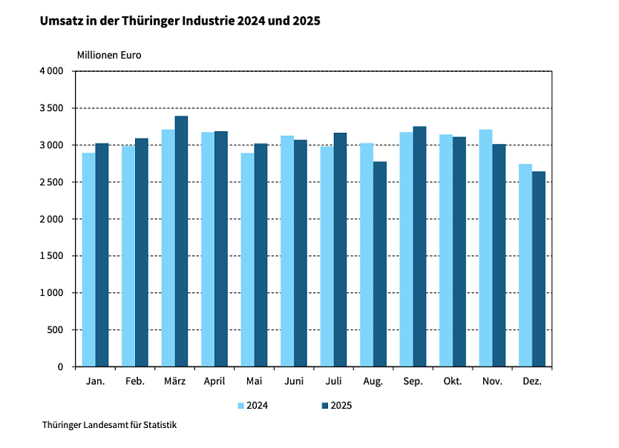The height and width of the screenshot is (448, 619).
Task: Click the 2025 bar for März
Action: click(x=181, y=241)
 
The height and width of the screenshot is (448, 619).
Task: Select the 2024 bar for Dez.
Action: click(x=525, y=266)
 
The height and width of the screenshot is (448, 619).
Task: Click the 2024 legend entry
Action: click(x=252, y=406)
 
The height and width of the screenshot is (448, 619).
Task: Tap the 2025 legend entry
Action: click(x=336, y=406)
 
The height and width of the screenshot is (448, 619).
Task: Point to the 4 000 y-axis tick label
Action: click(x=51, y=71)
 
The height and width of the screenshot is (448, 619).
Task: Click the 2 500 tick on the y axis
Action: click(x=51, y=182)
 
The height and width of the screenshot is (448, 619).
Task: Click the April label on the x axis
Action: click(x=214, y=381)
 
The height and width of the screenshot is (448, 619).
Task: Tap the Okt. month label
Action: click(x=453, y=381)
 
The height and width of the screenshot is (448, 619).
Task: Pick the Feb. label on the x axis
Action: click(x=135, y=381)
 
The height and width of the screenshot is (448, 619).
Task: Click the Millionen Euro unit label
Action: click(x=109, y=55)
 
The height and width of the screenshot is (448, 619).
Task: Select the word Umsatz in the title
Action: click(x=62, y=22)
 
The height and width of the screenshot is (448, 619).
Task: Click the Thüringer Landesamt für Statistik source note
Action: click(x=110, y=425)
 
